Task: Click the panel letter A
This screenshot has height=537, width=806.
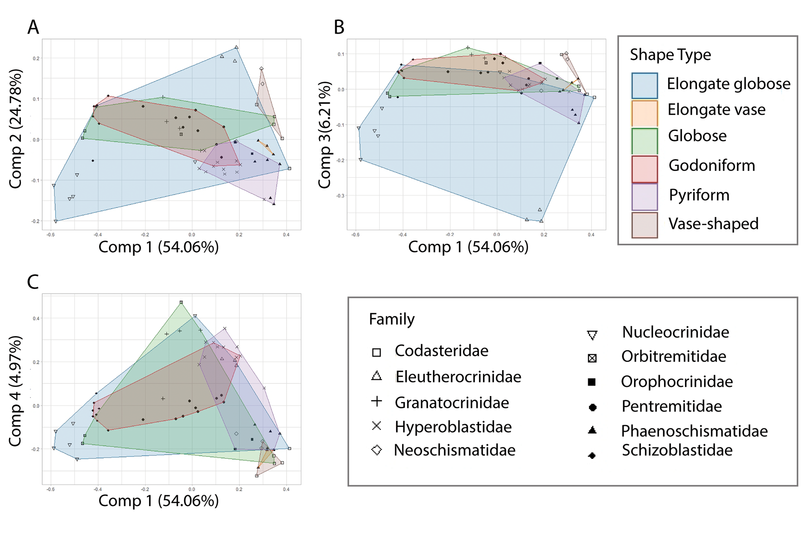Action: [x=33, y=27]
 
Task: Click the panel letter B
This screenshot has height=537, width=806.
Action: [x=339, y=27]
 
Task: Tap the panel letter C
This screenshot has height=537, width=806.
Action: [x=33, y=282]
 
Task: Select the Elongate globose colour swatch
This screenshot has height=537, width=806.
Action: [x=644, y=85]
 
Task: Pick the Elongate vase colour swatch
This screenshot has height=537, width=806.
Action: [x=644, y=113]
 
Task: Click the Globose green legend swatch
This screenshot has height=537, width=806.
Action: [x=644, y=141]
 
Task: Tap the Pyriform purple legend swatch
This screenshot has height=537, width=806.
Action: [x=644, y=197]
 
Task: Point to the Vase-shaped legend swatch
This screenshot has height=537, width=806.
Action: [x=644, y=225]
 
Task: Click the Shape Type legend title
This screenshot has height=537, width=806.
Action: [x=670, y=55]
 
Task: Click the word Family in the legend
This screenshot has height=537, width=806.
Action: [x=392, y=319]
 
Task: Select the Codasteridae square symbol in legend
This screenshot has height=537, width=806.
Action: [x=376, y=352]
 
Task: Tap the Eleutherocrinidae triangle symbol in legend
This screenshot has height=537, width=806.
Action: [x=376, y=376]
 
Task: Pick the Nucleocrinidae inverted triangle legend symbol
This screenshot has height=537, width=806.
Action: [x=592, y=336]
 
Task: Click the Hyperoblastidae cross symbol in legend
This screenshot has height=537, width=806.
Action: [x=376, y=426]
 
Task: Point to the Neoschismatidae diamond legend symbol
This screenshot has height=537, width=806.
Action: [x=376, y=450]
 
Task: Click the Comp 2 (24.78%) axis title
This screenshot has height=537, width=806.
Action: [x=15, y=129]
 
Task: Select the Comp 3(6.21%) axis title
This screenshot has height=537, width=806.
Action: [x=324, y=135]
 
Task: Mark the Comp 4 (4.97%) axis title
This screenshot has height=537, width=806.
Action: [x=15, y=391]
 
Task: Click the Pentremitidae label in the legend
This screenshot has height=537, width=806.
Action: [x=671, y=406]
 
